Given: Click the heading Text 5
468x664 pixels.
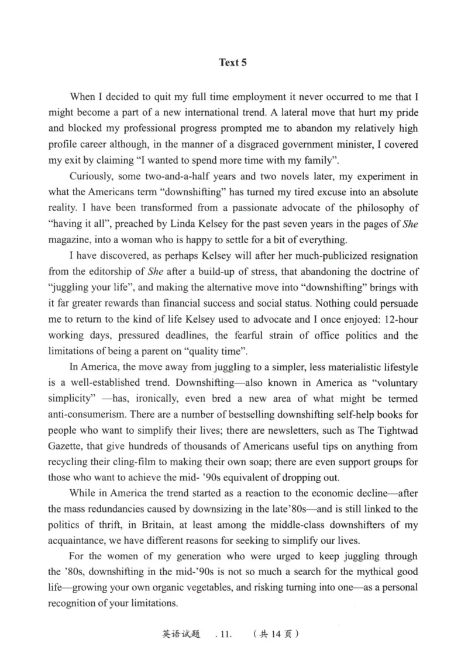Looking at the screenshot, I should [x=233, y=63].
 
